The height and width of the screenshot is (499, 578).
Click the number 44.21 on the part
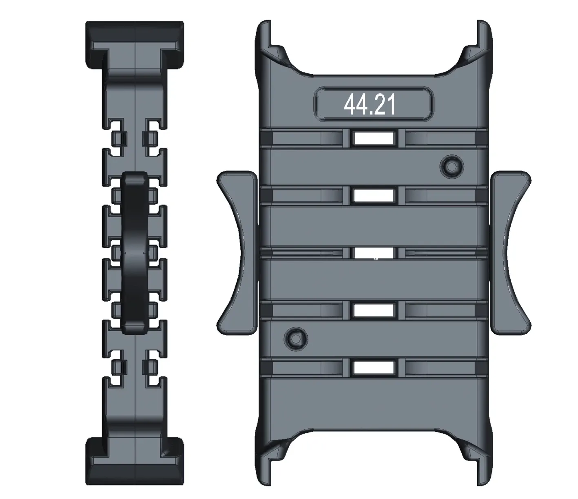click(x=370, y=104)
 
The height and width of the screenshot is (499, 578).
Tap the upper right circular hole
click(x=452, y=166)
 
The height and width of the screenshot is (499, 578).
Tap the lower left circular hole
click(x=296, y=338)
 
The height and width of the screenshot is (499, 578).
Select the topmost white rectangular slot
click(x=374, y=138)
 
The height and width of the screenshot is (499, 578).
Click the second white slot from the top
click(x=374, y=196)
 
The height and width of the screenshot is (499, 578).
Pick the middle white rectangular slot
click(x=374, y=253)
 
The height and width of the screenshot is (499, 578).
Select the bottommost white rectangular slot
click(x=374, y=368)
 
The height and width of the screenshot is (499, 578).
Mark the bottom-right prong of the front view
click(x=484, y=467)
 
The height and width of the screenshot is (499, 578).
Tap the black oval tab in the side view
click(x=135, y=253)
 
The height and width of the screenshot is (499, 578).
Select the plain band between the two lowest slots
click(x=374, y=339)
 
